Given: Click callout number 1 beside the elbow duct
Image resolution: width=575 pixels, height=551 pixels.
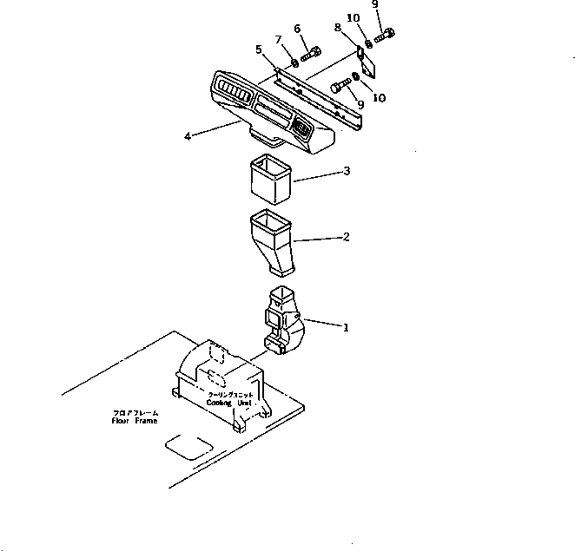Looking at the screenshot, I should [346, 328].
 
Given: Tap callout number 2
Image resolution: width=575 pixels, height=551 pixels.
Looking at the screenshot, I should [346, 236].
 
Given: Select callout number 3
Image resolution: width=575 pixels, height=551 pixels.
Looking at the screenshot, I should [346, 172].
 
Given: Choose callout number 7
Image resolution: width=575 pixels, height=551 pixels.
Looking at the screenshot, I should [279, 40].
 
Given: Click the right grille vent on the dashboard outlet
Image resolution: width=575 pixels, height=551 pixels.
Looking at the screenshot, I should [303, 129].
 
